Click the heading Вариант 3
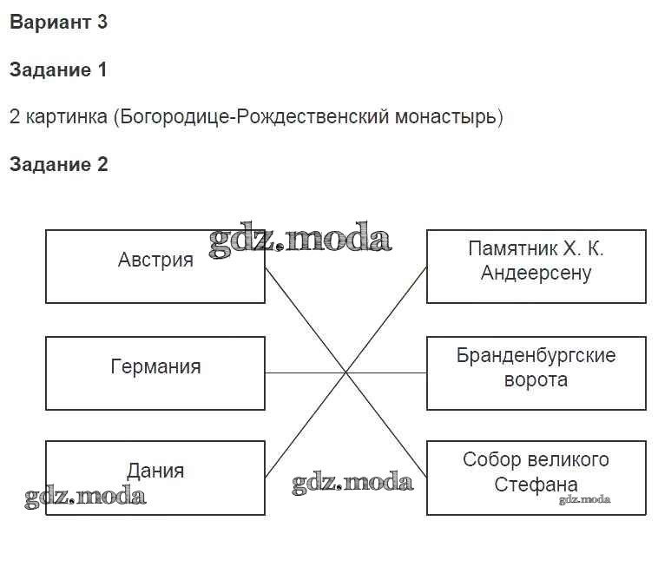pos(58,23)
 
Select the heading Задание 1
pos(58,70)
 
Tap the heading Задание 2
pos(58,164)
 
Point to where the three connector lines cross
pos(346,373)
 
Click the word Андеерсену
pos(536,274)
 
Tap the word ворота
pos(536,380)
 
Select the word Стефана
pos(536,485)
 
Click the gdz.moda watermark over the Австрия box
pos(299,239)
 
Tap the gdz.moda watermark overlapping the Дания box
pos(85,497)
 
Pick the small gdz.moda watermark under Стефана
pos(584,499)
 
